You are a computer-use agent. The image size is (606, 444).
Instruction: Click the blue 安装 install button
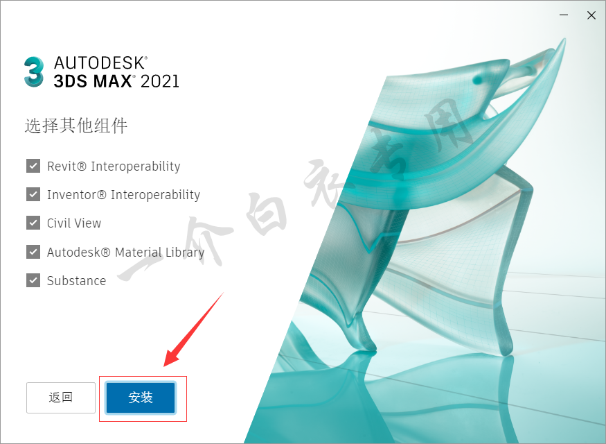(x=141, y=398)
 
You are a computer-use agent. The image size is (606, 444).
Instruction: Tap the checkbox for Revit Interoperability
(x=33, y=166)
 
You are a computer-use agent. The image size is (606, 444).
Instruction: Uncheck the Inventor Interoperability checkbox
(x=33, y=194)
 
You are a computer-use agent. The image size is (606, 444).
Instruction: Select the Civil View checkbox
(x=33, y=223)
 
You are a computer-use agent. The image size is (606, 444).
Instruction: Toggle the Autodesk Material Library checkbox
(x=33, y=252)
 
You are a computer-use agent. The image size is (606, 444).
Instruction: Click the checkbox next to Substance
(x=33, y=280)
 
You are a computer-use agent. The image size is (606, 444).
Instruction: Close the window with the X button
(x=591, y=15)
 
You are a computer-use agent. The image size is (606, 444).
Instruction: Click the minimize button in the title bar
(x=564, y=15)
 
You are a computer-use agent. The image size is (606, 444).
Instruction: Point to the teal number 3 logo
(x=34, y=72)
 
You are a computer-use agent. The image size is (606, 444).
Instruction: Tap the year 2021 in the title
(x=159, y=81)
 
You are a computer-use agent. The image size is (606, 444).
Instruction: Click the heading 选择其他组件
(x=76, y=126)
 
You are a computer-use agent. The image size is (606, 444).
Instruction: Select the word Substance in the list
(x=76, y=281)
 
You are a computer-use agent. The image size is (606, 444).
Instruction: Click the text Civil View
(x=74, y=223)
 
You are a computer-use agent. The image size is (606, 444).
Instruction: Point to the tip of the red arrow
(x=165, y=366)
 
